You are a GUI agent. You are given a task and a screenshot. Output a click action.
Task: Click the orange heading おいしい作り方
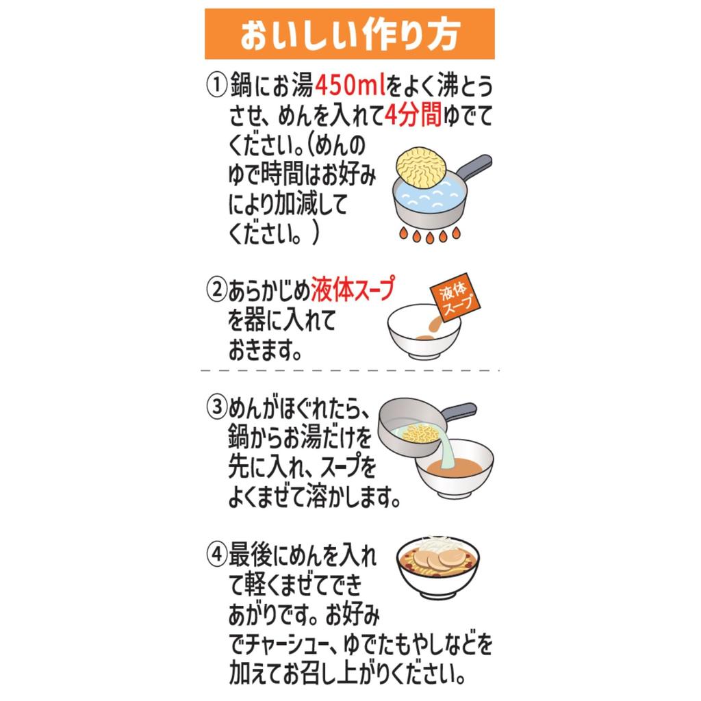pos(349,35)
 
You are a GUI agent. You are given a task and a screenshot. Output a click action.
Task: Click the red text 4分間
pos(412,116)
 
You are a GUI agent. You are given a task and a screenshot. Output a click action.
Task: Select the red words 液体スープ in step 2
pos(353,290)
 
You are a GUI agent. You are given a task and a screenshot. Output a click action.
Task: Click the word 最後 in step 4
pos(249,553)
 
